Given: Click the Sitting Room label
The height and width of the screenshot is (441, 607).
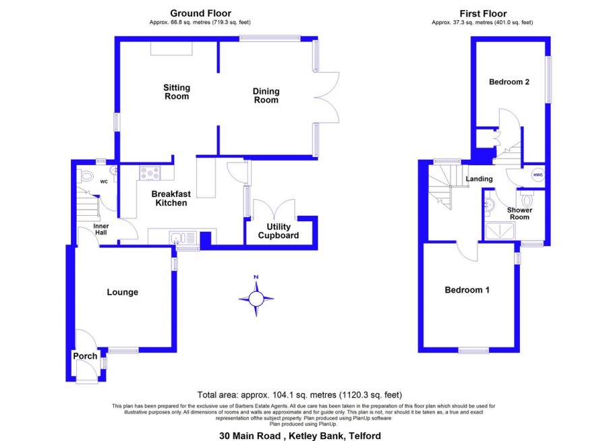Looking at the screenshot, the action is coord(177,92).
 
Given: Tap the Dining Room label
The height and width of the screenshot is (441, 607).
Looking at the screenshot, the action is coord(266,96).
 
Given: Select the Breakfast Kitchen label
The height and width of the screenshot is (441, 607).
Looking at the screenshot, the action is coord(171,198).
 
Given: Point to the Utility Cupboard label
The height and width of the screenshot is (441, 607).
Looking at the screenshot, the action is coord(279,231).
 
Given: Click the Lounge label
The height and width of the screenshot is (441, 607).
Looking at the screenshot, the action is coord(122,293).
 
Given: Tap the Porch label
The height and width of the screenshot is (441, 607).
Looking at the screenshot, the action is coord(85,356).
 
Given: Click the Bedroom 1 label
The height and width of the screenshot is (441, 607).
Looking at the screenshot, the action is coord(467,290).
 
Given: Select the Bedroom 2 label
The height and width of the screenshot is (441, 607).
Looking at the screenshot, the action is coord(509,82).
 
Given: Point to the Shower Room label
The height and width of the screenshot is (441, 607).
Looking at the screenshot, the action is coord(519,213).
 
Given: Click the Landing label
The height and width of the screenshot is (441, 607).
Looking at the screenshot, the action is coord(480,179).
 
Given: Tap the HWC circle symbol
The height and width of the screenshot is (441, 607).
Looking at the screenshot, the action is coord(538,175).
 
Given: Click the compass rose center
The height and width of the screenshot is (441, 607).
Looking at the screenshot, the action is coord(256,299).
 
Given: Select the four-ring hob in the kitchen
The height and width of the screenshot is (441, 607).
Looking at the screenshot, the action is coord(150,173).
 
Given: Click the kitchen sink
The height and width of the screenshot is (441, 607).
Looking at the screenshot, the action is coord(183,238).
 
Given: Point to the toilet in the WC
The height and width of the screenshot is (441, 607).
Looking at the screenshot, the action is coord(86,177).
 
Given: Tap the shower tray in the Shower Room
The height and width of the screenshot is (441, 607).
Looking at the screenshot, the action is coord(499,231).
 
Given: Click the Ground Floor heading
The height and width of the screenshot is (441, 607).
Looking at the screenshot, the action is coord(200,13).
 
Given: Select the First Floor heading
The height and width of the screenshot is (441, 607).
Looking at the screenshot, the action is coord(483,13).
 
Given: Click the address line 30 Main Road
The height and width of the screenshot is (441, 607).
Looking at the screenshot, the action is coord(300,436).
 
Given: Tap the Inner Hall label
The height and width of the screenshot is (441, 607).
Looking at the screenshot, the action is coord(101,229).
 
